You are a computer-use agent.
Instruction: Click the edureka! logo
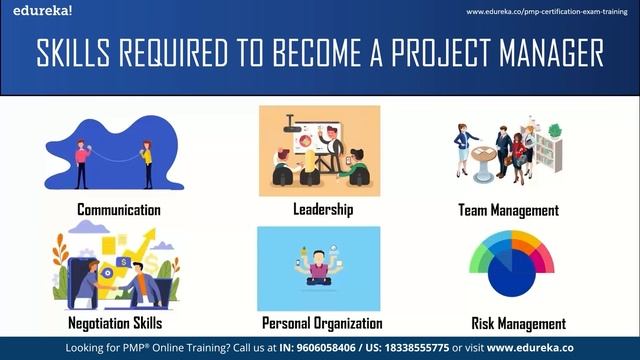[29, 11]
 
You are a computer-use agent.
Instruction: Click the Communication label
[119, 210]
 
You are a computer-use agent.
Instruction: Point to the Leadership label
[323, 210]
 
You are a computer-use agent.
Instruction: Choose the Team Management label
[508, 210]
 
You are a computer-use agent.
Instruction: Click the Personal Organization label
[322, 323]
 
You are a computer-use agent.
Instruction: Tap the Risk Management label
[518, 323]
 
